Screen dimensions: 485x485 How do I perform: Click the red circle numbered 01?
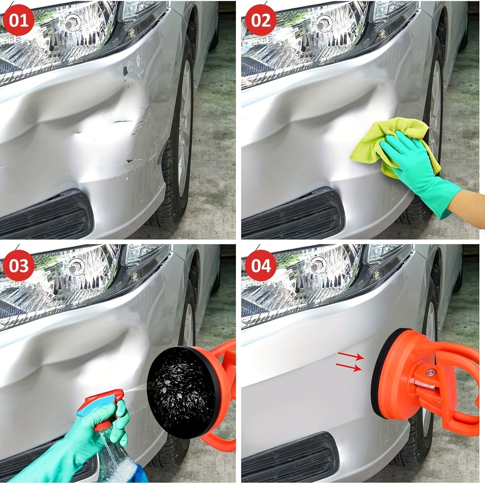19,21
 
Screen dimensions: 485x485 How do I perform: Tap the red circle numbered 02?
261,21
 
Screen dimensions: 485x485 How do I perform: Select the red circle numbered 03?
19,265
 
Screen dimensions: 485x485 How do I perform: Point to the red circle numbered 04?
261,265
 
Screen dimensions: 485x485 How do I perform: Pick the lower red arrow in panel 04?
349,367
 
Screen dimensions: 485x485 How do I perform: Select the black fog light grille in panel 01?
46,214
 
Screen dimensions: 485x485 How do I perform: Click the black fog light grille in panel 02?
292,214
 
